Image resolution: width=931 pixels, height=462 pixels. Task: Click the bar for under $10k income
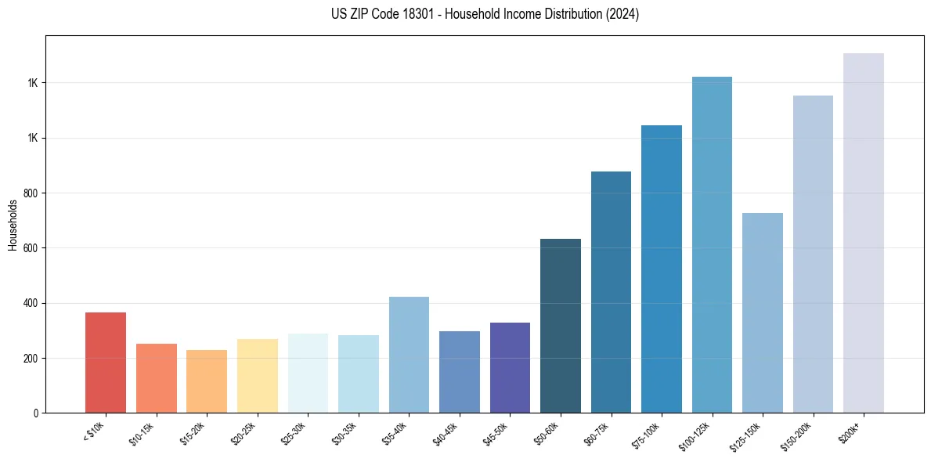106,363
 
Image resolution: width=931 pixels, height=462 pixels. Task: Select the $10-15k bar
156,378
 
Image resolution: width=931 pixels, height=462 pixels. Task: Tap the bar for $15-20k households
207,381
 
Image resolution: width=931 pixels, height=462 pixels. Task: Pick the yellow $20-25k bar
257,376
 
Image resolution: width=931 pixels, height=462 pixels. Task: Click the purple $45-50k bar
510,367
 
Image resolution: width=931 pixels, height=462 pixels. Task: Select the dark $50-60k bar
561,326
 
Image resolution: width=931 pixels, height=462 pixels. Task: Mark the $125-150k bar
763,312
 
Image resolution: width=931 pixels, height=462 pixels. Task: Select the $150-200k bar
813,254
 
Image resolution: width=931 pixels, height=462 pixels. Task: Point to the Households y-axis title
13,225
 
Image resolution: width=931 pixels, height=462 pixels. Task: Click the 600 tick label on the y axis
31,248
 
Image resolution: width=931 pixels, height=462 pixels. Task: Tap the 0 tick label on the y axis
36,413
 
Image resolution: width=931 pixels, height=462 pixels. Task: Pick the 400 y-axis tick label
31,303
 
